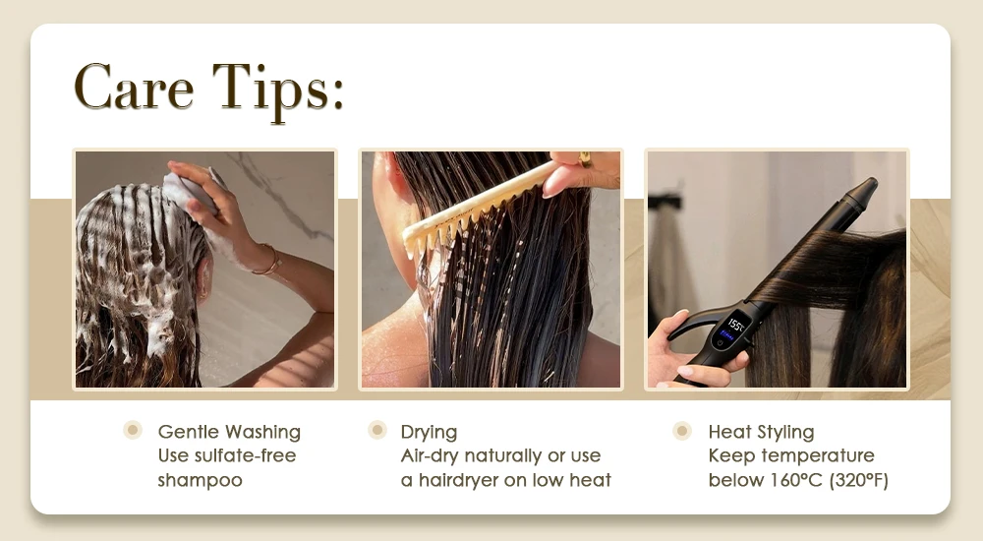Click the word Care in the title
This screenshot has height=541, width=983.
click(134, 87)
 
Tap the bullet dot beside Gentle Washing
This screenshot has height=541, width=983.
click(133, 430)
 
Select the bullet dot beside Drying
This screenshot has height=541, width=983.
click(376, 430)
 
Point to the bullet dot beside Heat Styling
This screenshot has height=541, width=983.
click(682, 431)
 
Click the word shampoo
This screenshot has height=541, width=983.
click(200, 481)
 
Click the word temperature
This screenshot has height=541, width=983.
click(823, 456)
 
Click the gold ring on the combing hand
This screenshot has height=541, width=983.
click(584, 160)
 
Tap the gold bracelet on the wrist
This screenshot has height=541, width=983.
click(267, 260)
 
